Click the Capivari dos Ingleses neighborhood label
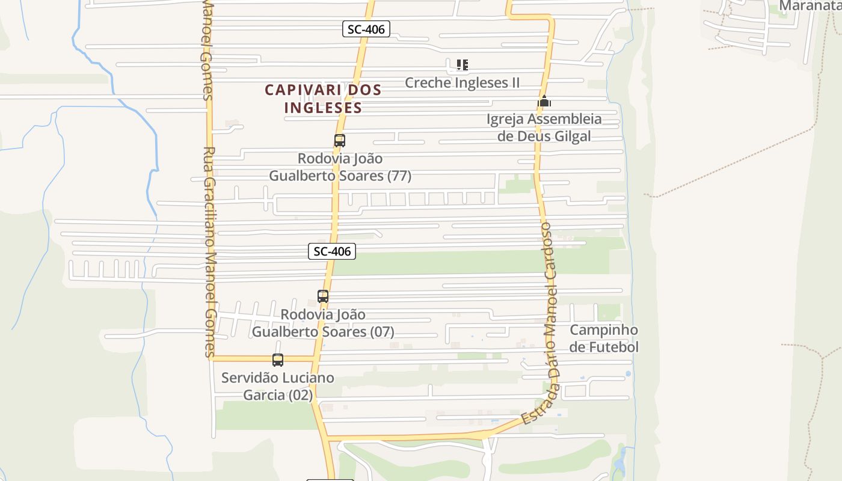(323, 99)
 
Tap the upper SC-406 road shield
(366, 29)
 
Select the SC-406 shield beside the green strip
(332, 251)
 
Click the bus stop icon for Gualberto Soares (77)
(340, 141)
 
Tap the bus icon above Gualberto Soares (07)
(323, 296)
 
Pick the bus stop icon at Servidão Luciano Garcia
(278, 360)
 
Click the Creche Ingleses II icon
(462, 65)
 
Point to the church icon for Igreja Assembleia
(544, 101)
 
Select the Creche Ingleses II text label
(462, 82)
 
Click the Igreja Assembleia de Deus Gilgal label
(544, 127)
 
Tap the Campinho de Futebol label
(604, 339)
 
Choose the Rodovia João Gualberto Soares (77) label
(340, 167)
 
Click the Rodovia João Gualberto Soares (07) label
(323, 323)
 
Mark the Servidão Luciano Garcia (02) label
(277, 386)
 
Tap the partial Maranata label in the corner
(809, 6)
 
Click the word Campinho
(604, 330)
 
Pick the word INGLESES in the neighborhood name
(323, 108)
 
